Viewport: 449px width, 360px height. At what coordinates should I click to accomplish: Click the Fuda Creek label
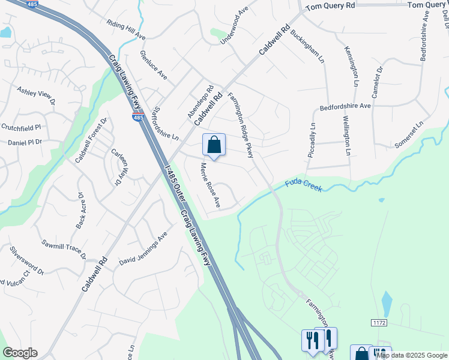click(304, 185)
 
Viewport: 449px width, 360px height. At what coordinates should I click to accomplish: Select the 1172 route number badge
click(379, 323)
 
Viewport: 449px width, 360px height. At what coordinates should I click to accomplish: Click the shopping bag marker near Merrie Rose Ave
click(214, 145)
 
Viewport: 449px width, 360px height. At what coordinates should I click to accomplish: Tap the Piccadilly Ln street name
click(311, 140)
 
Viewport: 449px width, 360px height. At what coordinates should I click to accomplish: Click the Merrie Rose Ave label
click(210, 185)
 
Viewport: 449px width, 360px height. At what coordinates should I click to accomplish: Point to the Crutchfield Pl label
click(20, 127)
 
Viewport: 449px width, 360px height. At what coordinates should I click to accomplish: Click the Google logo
click(20, 353)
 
